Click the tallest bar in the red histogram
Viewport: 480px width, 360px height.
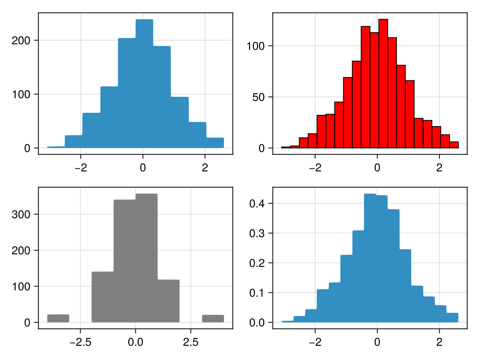[x=383, y=84]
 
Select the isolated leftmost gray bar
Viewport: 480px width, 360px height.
[x=58, y=318]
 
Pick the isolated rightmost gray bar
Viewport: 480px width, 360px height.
[x=213, y=318]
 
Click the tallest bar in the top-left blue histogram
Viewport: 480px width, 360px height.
[x=144, y=84]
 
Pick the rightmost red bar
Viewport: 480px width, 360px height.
[x=454, y=145]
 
